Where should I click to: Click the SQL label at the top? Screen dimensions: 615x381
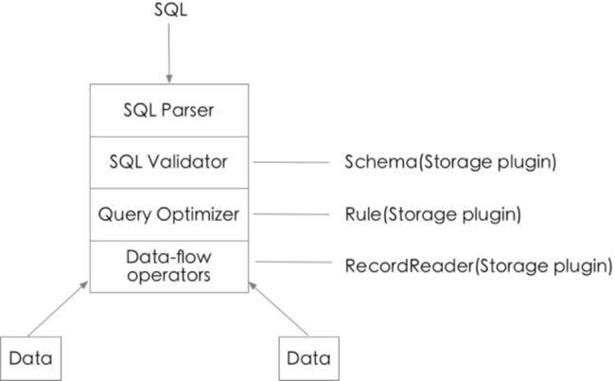point(170,9)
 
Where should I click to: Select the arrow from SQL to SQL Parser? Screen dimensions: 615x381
point(169,53)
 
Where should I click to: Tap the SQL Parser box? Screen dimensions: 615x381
point(169,110)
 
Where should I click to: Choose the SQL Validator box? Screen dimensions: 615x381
point(169,162)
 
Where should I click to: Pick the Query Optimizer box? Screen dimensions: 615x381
point(169,214)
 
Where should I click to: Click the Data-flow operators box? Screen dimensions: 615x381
point(169,266)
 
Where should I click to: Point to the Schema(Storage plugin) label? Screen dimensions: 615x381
point(450,162)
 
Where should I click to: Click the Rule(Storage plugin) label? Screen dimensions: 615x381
point(432,214)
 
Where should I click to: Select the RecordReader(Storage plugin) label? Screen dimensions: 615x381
point(479,266)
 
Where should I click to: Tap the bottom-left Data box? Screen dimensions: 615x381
point(30,358)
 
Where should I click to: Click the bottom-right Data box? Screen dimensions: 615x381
point(308,358)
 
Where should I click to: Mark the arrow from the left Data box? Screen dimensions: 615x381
point(58,309)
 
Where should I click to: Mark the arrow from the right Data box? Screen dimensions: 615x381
point(278,309)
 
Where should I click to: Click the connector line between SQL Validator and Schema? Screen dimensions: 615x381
point(291,162)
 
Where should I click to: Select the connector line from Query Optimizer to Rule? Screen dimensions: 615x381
point(291,214)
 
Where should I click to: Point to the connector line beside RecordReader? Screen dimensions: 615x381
point(293,262)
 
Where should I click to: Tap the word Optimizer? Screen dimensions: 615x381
point(198,215)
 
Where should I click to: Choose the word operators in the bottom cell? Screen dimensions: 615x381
point(168,276)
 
